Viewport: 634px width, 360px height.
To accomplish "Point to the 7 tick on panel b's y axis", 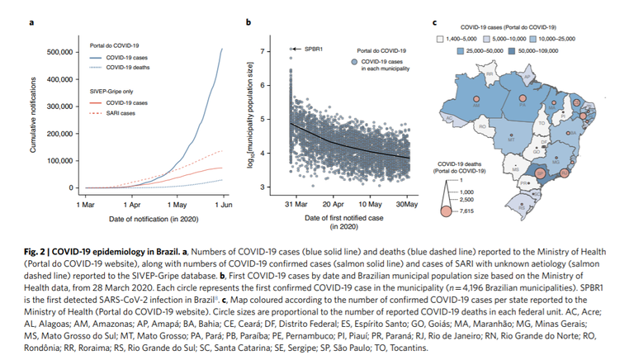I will coord(265,51).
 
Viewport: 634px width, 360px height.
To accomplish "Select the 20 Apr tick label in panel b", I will coord(332,203).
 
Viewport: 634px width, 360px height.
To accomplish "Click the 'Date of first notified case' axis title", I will coord(343,215).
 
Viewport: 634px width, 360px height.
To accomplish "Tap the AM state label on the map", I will coord(477,106).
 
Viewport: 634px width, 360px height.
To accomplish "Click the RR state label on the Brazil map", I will coord(490,73).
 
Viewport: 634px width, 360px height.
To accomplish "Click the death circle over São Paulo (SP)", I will coord(538,173).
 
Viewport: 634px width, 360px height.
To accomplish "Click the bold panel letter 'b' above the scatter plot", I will coord(248,22).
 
